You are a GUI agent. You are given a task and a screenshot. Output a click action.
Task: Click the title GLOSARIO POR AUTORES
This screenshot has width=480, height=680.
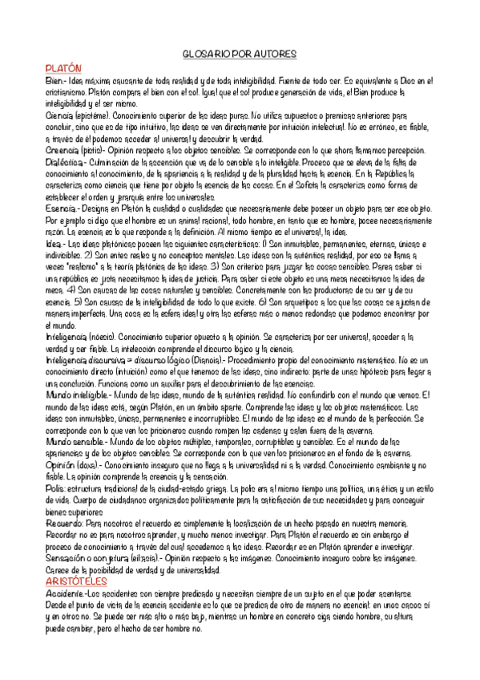(x=240, y=55)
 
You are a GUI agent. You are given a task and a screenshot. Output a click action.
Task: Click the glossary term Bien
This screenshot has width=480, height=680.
(x=54, y=81)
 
